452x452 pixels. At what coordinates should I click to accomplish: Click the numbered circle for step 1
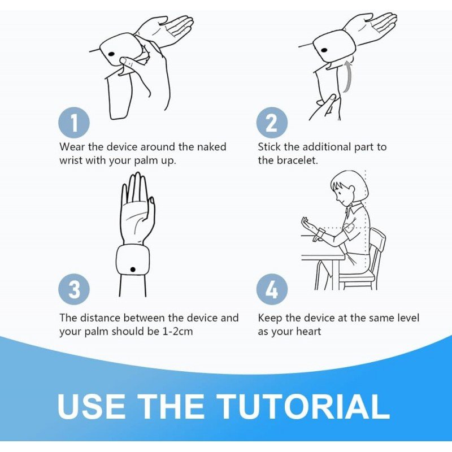click(74, 123)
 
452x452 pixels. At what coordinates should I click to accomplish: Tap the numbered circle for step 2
click(272, 123)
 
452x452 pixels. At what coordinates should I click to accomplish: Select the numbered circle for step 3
click(74, 289)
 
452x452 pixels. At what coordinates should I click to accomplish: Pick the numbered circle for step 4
click(272, 289)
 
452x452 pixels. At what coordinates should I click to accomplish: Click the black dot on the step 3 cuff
click(133, 270)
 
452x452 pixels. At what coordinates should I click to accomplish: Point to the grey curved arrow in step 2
click(349, 76)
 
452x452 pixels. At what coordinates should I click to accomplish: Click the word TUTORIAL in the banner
click(303, 406)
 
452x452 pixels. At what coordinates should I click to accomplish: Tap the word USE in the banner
click(92, 406)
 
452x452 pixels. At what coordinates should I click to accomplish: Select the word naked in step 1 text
click(211, 147)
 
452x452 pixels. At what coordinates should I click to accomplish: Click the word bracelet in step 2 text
click(297, 160)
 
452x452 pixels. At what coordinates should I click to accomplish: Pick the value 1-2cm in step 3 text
click(177, 331)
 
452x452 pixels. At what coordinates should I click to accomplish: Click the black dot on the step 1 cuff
click(111, 54)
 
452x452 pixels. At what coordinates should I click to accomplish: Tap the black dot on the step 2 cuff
click(324, 51)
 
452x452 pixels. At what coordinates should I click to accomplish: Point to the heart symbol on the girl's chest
click(349, 228)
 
